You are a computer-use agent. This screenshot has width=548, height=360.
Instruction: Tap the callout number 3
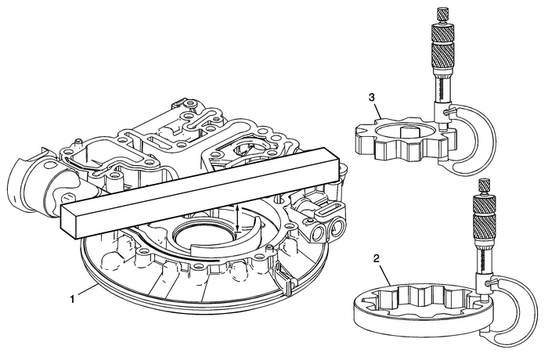(x=373, y=98)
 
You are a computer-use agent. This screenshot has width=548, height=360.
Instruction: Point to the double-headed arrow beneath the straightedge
(x=238, y=218)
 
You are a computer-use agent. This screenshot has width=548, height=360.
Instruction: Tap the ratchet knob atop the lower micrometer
(x=485, y=185)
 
